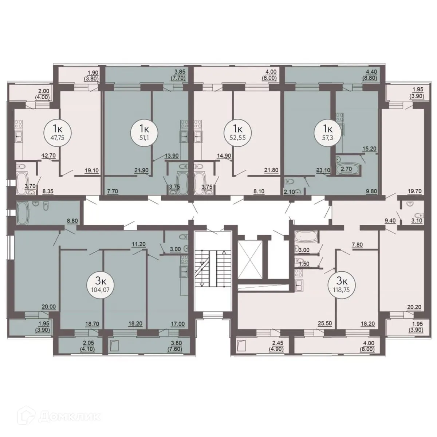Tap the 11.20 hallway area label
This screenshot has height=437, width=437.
point(139,245)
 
